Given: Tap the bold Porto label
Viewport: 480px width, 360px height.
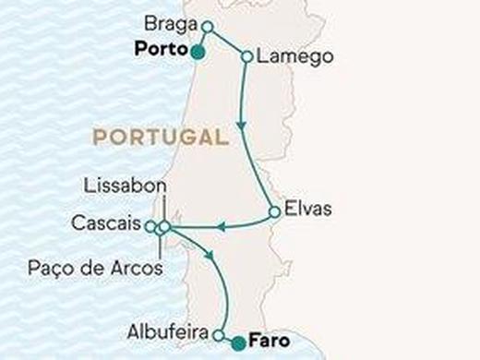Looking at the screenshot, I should [161, 49].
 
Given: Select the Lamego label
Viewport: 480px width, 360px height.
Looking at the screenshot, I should [289, 57].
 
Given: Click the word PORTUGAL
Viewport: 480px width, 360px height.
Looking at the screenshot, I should [160, 138].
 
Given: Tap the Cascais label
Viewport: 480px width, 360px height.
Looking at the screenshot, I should [105, 224].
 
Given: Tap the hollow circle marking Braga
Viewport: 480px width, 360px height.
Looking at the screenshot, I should [208, 27].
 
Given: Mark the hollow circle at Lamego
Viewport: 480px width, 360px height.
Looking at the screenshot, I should [246, 57].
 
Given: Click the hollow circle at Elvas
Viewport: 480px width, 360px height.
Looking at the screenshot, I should [274, 212].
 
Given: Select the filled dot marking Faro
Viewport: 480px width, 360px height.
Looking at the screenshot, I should [238, 343].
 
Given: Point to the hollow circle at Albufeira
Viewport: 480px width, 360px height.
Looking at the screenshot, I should [219, 335].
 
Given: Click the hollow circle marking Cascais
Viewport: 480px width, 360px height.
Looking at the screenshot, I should [151, 225].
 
